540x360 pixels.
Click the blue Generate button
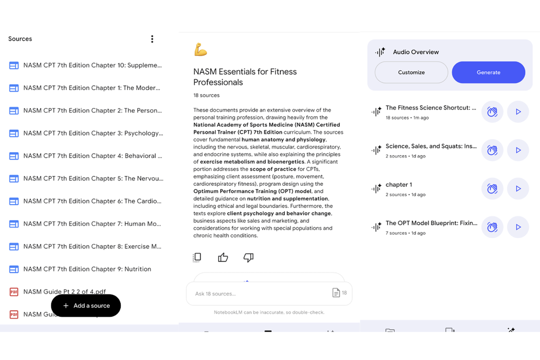coord(488,72)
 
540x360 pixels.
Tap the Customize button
coord(411,72)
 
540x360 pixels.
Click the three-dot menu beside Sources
coord(152,39)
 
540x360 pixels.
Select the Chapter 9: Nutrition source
coord(87,269)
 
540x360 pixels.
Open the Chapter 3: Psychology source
coord(93,133)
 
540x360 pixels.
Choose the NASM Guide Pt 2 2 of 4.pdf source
coord(65,292)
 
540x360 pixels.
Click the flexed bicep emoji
coord(200,49)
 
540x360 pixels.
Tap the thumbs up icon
coord(223,257)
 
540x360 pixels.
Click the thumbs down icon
coord(248,257)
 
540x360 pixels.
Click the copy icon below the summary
coord(197,257)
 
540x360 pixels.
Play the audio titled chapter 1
coord(518,189)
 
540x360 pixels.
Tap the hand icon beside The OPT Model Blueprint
coord(492,227)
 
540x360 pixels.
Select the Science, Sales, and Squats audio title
coord(431,146)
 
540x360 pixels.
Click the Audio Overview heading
coord(416,52)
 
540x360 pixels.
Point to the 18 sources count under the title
coord(207,95)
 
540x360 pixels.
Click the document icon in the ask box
coord(336,293)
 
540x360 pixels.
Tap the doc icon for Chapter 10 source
coord(14,65)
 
